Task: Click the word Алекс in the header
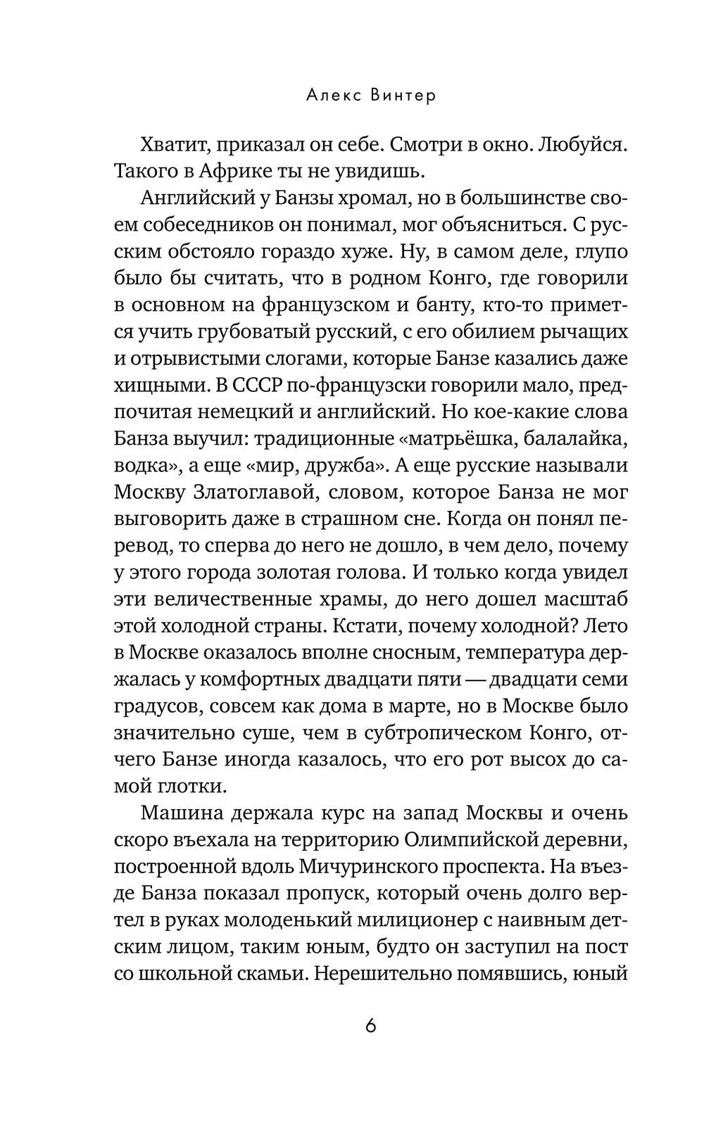coord(332,96)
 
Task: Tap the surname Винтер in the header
coord(403,96)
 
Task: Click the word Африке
coord(272,171)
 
